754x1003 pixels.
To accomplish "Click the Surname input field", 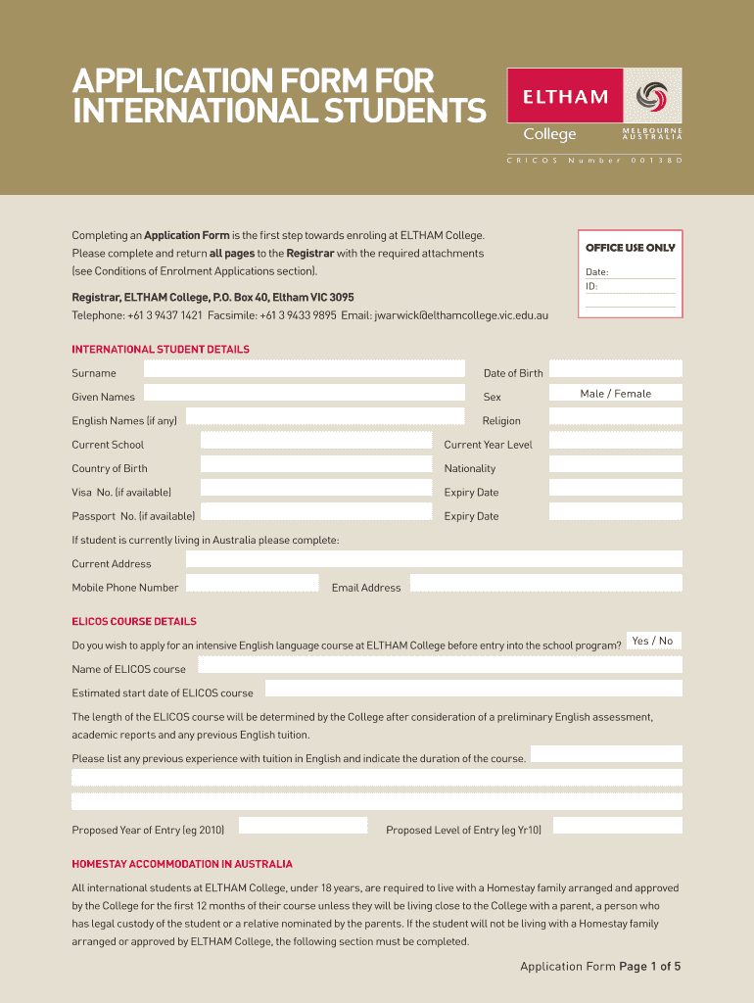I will point(304,369).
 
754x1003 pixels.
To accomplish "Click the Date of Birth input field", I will point(615,369).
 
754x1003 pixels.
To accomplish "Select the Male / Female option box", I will point(615,394).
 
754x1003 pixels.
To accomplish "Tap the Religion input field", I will point(615,417).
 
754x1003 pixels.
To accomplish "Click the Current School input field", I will point(316,441).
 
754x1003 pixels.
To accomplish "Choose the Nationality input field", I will point(615,464).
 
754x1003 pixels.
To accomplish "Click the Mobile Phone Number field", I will point(252,583).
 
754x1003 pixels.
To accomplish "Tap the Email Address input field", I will point(545,583).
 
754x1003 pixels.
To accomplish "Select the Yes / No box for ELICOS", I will point(652,641).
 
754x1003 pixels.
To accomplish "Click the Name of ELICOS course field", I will point(440,665).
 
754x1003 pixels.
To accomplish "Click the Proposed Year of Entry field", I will point(304,826).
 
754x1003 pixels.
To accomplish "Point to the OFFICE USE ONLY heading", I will point(630,248).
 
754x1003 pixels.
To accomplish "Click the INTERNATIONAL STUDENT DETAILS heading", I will point(161,350).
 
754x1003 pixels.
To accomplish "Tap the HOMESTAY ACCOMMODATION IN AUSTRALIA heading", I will point(182,864).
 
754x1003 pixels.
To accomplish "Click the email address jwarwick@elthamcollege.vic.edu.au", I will point(462,315).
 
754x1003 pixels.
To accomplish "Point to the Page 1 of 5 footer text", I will point(649,967).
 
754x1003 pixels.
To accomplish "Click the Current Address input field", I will point(434,559).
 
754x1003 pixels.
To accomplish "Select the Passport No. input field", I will point(316,511).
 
